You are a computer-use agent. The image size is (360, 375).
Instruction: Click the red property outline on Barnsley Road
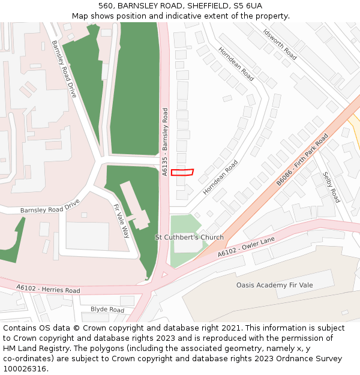point(182,173)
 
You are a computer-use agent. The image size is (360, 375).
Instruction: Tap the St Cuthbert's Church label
point(189,238)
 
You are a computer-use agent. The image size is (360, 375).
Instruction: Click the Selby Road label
point(331,187)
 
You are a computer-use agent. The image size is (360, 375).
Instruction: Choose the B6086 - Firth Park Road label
point(302,159)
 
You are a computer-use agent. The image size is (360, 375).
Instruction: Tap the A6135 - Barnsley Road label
point(165,142)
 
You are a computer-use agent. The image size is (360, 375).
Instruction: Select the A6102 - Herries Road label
point(49,289)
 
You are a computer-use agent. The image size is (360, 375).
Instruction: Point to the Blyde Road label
point(107,310)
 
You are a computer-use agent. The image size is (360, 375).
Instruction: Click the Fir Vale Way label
point(121,221)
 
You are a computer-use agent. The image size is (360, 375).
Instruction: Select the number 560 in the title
point(106,5)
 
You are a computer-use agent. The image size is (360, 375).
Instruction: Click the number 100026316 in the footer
point(25,369)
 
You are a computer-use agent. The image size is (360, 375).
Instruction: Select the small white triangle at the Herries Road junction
point(164,275)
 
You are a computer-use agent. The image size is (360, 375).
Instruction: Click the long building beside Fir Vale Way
point(135,204)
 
